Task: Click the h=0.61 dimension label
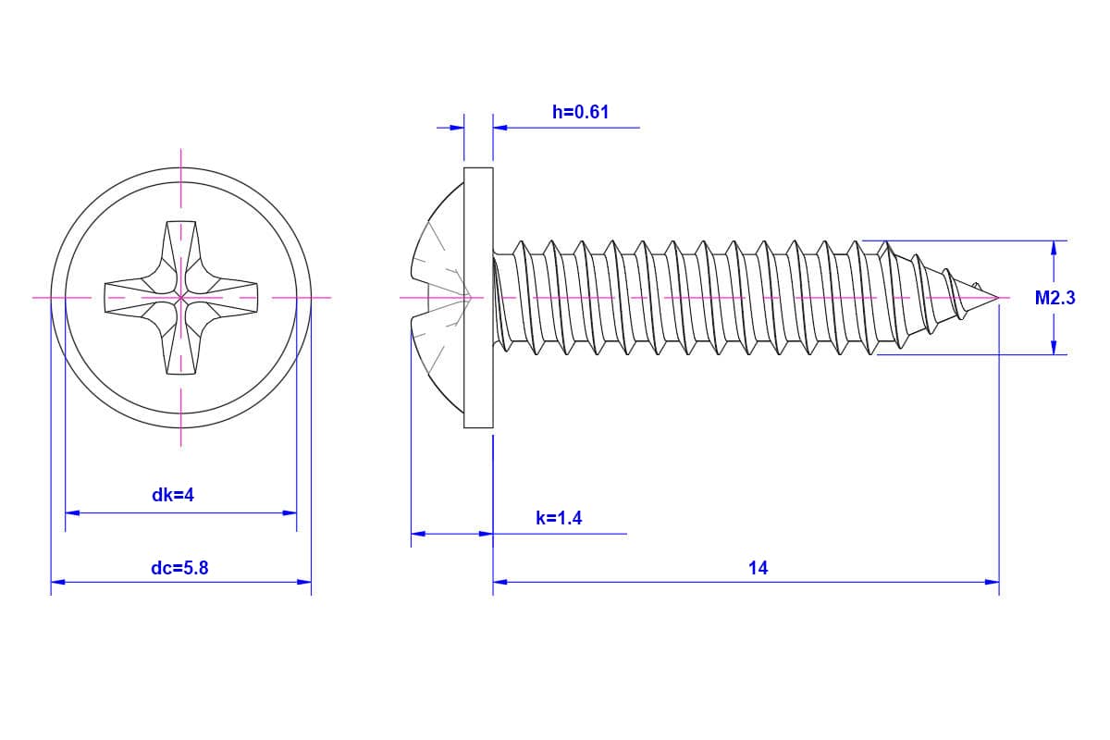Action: [580, 112]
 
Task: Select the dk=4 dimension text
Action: [173, 495]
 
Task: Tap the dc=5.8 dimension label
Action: [179, 568]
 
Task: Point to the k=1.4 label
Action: [559, 518]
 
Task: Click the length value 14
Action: [758, 568]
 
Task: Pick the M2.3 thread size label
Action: [1054, 298]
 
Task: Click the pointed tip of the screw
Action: [997, 298]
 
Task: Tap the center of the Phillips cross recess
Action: [180, 298]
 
